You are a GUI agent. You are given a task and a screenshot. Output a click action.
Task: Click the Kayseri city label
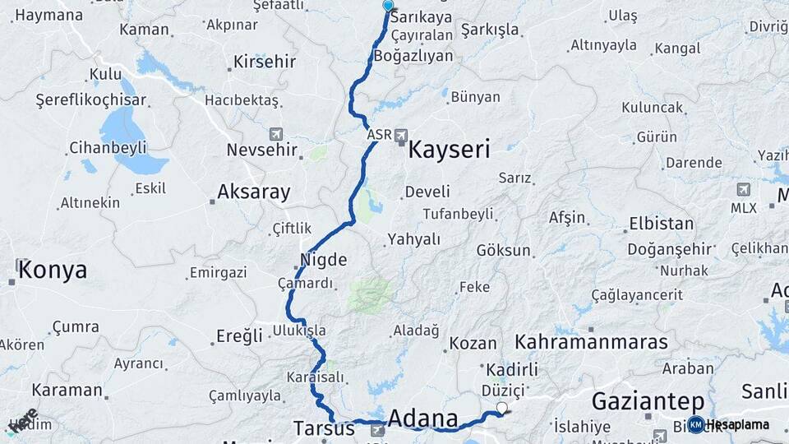click(x=449, y=150)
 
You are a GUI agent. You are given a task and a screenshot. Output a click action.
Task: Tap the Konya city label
click(x=52, y=271)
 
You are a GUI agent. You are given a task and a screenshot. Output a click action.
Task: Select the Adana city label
click(x=422, y=419)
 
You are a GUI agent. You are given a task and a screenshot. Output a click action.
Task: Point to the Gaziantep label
click(x=648, y=402)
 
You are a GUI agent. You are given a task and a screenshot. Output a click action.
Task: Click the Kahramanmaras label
click(x=591, y=340)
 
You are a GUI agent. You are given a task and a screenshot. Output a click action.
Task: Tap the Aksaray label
click(x=253, y=192)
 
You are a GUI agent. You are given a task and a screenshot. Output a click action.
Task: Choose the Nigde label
click(x=324, y=260)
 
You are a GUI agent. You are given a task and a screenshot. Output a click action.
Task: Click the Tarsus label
click(x=325, y=428)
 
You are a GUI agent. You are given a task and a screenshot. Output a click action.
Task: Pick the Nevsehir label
click(x=261, y=150)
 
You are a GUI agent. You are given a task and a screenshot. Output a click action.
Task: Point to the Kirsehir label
click(x=264, y=62)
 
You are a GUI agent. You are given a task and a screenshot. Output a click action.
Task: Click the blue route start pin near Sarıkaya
click(x=388, y=6)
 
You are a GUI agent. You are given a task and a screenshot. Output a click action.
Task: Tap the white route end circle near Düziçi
click(x=502, y=407)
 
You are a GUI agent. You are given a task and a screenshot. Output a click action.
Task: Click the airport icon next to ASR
click(x=401, y=135)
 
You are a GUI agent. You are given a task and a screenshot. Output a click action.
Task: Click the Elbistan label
click(x=661, y=223)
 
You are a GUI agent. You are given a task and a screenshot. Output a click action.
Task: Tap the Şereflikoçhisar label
click(x=91, y=100)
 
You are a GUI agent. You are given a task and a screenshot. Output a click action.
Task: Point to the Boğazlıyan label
click(x=413, y=56)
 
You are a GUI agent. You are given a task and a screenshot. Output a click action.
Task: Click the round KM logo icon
click(x=696, y=424)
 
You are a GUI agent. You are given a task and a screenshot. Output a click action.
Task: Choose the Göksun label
click(x=504, y=250)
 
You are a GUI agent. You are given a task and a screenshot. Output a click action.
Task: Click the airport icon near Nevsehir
click(x=275, y=134)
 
